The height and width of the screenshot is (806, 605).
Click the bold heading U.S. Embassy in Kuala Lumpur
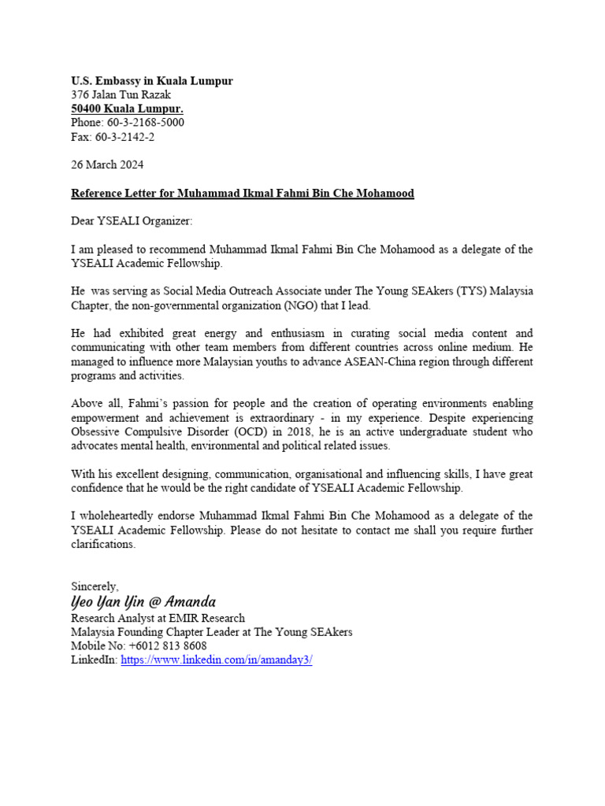pos(152,81)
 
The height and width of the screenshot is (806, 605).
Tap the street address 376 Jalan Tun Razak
pos(121,95)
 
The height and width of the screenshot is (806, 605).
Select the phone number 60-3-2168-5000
pos(146,123)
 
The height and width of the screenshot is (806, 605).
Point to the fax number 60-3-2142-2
pos(126,137)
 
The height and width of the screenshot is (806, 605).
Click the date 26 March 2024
pos(107,165)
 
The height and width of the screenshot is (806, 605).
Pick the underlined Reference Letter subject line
pos(243,193)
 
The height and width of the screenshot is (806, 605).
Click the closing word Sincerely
pos(95,586)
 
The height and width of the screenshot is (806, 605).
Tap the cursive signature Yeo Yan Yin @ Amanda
pos(143,602)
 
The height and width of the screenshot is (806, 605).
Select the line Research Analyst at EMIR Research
pos(158,618)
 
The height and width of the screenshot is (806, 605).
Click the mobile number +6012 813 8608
pos(167,646)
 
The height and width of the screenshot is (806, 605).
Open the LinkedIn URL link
pos(215,660)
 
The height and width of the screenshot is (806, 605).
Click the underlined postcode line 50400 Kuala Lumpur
pos(128,109)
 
